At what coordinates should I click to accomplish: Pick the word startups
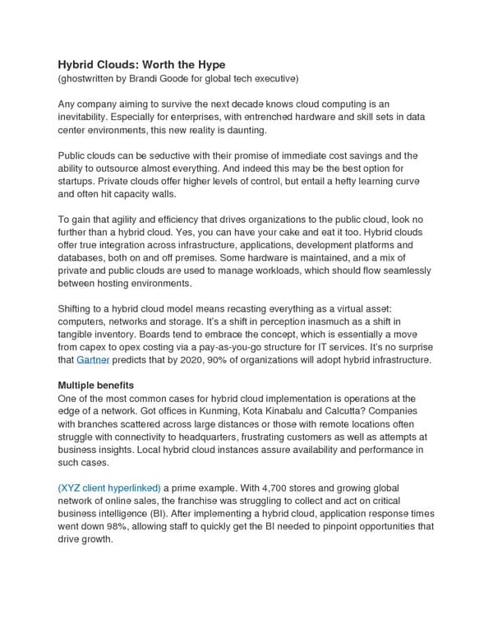pyautogui.click(x=81, y=182)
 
